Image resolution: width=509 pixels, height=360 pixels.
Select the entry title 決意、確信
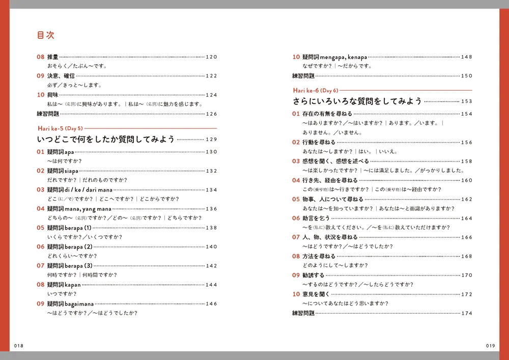click(62, 76)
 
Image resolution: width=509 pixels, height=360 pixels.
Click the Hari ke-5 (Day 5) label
click(60, 128)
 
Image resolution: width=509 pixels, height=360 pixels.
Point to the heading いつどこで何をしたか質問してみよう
click(106, 139)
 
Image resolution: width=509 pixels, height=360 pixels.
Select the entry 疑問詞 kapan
click(64, 285)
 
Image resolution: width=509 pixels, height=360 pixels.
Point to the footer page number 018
click(19, 346)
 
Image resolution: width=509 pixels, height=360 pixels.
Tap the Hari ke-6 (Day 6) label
click(316, 90)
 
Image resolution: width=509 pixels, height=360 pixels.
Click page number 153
click(467, 101)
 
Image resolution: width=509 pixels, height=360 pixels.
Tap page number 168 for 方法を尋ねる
click(467, 257)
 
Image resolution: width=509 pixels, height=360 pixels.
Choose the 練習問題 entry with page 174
click(303, 313)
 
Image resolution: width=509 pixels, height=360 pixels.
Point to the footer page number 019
click(490, 346)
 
